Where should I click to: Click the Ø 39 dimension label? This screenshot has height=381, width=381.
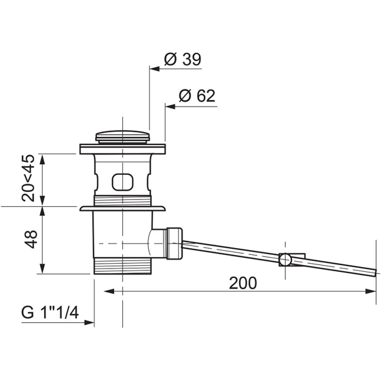pyautogui.click(x=183, y=59)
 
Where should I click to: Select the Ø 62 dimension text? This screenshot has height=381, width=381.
pyautogui.click(x=197, y=96)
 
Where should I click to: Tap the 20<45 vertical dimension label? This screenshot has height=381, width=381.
pyautogui.click(x=28, y=178)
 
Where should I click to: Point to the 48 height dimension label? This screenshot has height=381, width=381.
pyautogui.click(x=31, y=239)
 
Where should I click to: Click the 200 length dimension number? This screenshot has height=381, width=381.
pyautogui.click(x=243, y=283)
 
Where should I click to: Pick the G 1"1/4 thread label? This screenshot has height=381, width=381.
pyautogui.click(x=50, y=312)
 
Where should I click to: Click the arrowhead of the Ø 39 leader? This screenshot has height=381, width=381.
pyautogui.click(x=154, y=69)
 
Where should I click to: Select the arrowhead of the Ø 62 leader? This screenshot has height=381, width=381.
pyautogui.click(x=170, y=106)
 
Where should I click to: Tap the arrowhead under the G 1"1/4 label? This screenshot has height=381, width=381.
pyautogui.click(x=89, y=322)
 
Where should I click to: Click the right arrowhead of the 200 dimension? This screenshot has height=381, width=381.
pyautogui.click(x=371, y=291)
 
